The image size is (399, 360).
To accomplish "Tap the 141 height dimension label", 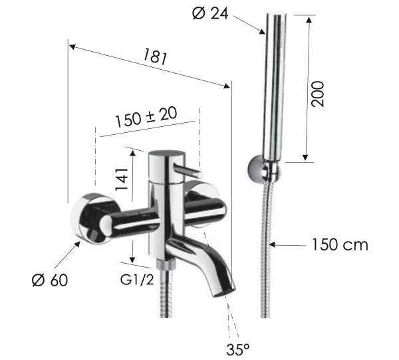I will click(x=121, y=179).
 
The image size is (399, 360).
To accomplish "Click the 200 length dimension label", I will click(x=318, y=95).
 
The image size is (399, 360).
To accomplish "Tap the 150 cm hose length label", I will click(x=339, y=245).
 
